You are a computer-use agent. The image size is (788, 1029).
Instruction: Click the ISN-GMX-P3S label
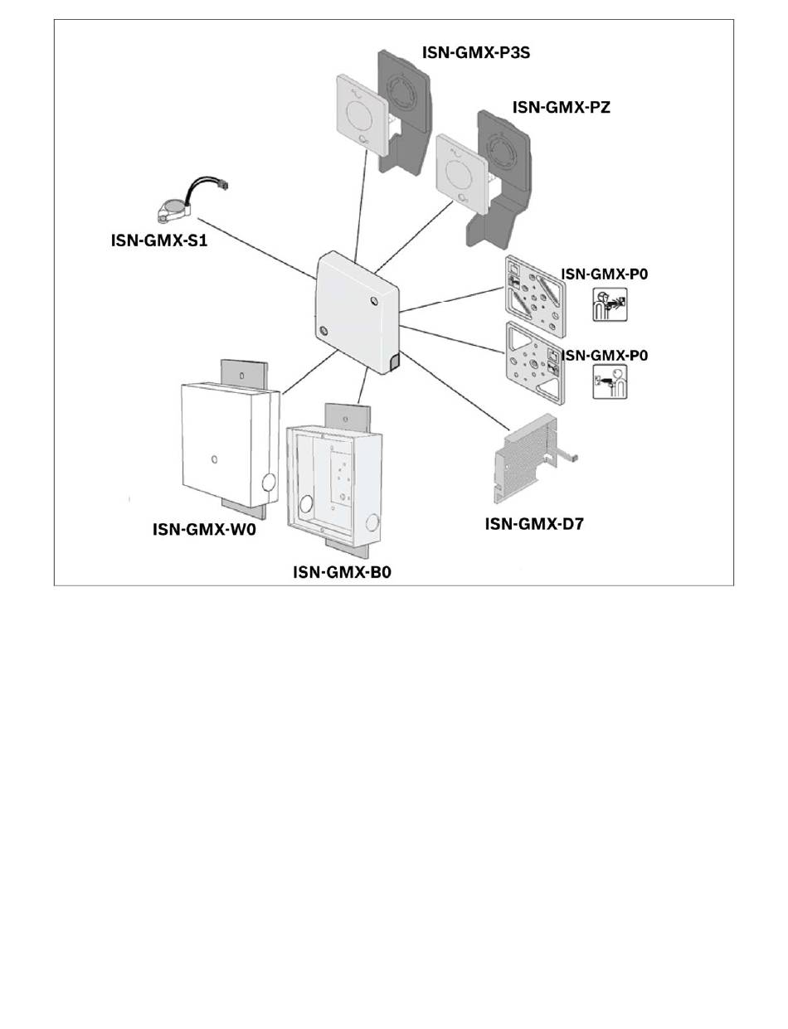(476, 52)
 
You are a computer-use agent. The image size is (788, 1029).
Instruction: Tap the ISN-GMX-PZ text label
(561, 106)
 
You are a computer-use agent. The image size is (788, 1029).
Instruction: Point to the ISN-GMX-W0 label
(204, 529)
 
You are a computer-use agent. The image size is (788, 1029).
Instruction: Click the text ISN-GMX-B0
(341, 572)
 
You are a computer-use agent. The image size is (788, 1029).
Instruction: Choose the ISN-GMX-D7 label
(534, 523)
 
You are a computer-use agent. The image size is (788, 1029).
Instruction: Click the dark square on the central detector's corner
(392, 362)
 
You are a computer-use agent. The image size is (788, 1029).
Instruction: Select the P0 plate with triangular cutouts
(533, 363)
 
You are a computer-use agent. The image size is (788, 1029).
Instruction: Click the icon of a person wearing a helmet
(610, 305)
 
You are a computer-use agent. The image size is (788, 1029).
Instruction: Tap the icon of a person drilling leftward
(610, 382)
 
